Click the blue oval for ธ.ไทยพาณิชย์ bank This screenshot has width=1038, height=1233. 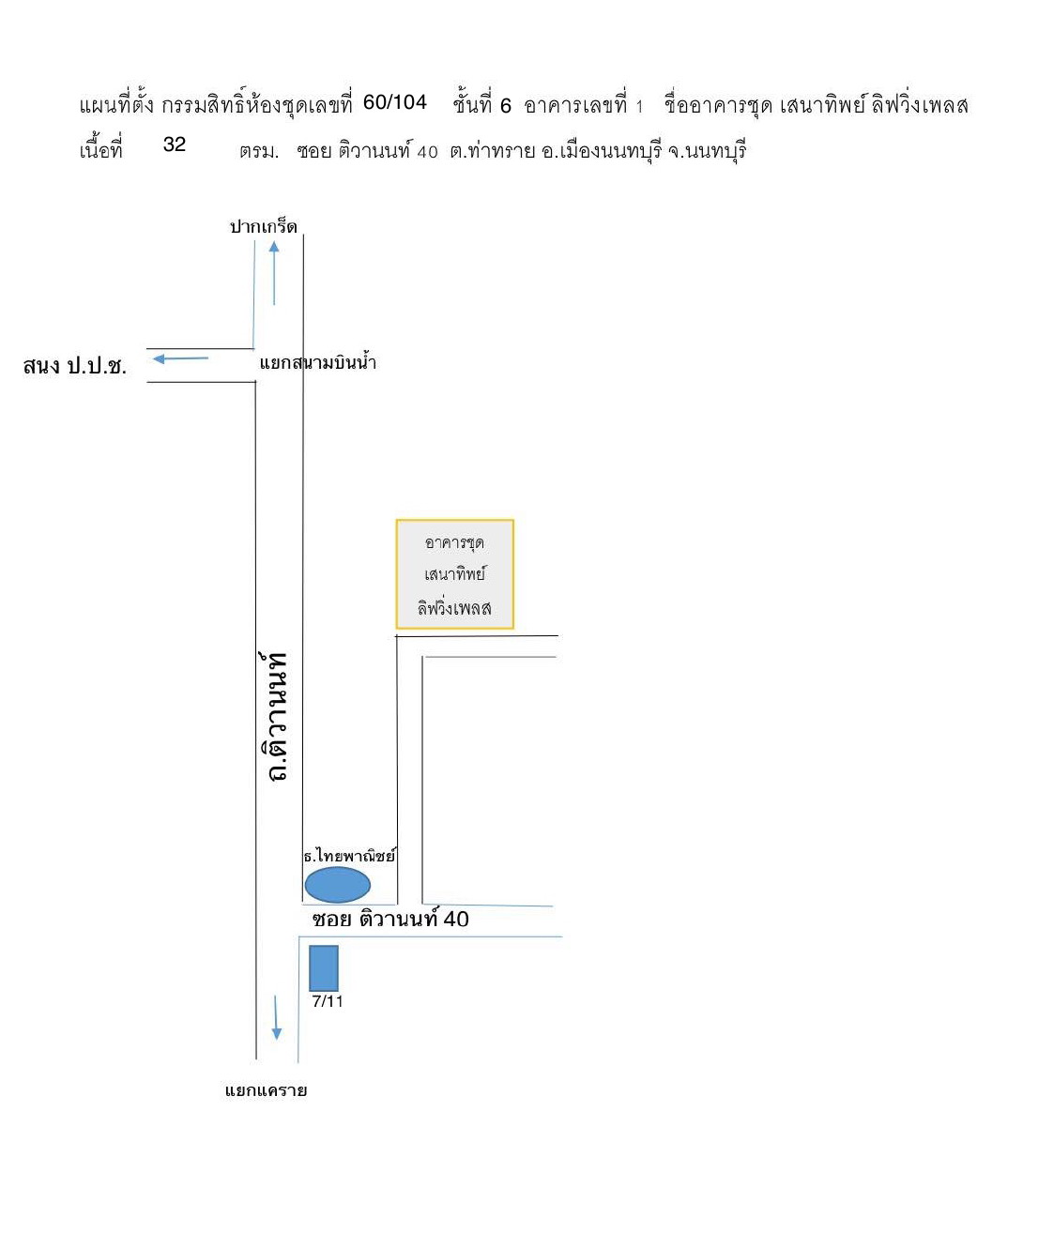click(x=337, y=885)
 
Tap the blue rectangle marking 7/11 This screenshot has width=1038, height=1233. click(x=324, y=967)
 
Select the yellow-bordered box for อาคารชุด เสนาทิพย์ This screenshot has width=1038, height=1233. click(x=454, y=574)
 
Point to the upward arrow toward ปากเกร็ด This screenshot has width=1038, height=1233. click(x=274, y=273)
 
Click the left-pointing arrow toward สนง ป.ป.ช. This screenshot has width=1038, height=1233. click(x=181, y=358)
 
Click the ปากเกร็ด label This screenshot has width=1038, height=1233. click(x=264, y=226)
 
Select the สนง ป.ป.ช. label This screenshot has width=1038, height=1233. click(x=74, y=366)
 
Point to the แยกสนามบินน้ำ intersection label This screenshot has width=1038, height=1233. click(x=318, y=362)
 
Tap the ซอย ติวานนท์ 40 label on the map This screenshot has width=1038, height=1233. click(x=390, y=919)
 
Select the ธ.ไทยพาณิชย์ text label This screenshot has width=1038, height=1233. click(x=349, y=855)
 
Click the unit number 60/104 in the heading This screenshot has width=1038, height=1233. click(x=394, y=102)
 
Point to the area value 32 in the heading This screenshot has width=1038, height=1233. click(x=175, y=145)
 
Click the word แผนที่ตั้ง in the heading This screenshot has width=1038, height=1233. click(x=116, y=105)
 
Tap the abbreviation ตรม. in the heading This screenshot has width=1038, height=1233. click(x=259, y=152)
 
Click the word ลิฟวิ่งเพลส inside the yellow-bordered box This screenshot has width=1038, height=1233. click(x=454, y=607)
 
